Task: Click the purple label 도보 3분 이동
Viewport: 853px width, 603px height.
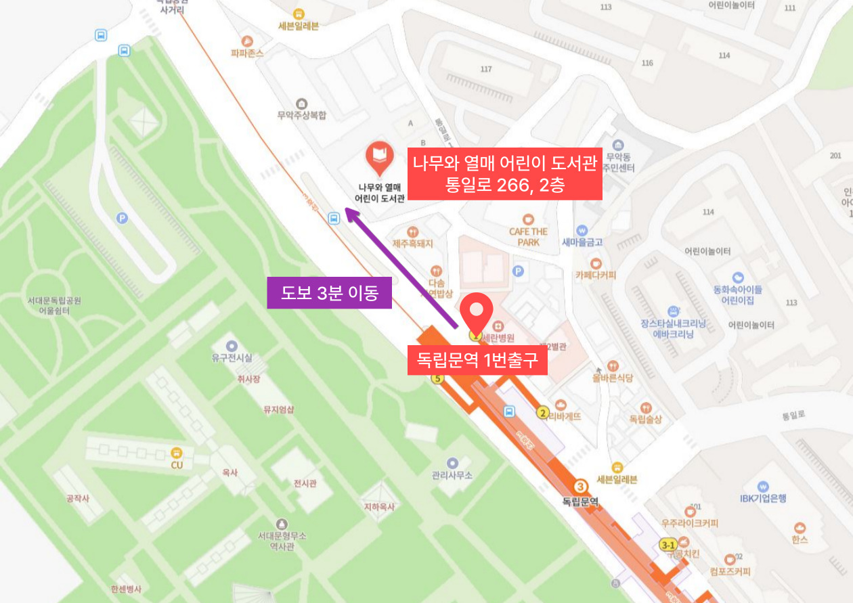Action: (x=330, y=294)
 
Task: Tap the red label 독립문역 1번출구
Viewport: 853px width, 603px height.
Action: (x=477, y=359)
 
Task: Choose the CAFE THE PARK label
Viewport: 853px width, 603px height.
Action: (x=528, y=236)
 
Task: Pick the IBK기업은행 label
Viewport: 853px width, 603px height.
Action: (x=763, y=498)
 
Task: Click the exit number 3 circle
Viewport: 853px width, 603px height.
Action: (x=580, y=487)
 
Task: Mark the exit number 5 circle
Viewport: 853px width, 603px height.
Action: (x=437, y=378)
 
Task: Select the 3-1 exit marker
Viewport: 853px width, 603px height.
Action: (x=668, y=545)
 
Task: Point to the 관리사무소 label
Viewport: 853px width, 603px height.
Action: (x=452, y=475)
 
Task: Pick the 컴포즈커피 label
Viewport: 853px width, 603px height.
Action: (x=730, y=571)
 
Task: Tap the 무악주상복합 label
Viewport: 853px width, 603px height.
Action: (x=301, y=115)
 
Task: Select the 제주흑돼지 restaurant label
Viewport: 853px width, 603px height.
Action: (x=412, y=243)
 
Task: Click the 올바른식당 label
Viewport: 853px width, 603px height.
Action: (x=613, y=378)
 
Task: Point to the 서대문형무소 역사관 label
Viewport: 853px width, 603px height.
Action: (x=282, y=541)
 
